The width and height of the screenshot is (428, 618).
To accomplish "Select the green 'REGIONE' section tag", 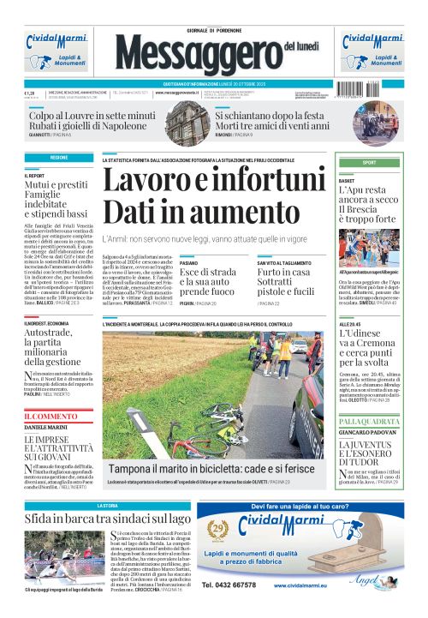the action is (x=59, y=159).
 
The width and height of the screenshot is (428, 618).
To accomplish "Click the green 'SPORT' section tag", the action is (x=369, y=162).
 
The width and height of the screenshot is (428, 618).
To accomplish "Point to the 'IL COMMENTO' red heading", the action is (x=51, y=417).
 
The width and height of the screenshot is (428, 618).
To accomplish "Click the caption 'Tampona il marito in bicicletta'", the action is (x=211, y=469).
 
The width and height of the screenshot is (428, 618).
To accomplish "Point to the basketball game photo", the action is (x=369, y=248).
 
